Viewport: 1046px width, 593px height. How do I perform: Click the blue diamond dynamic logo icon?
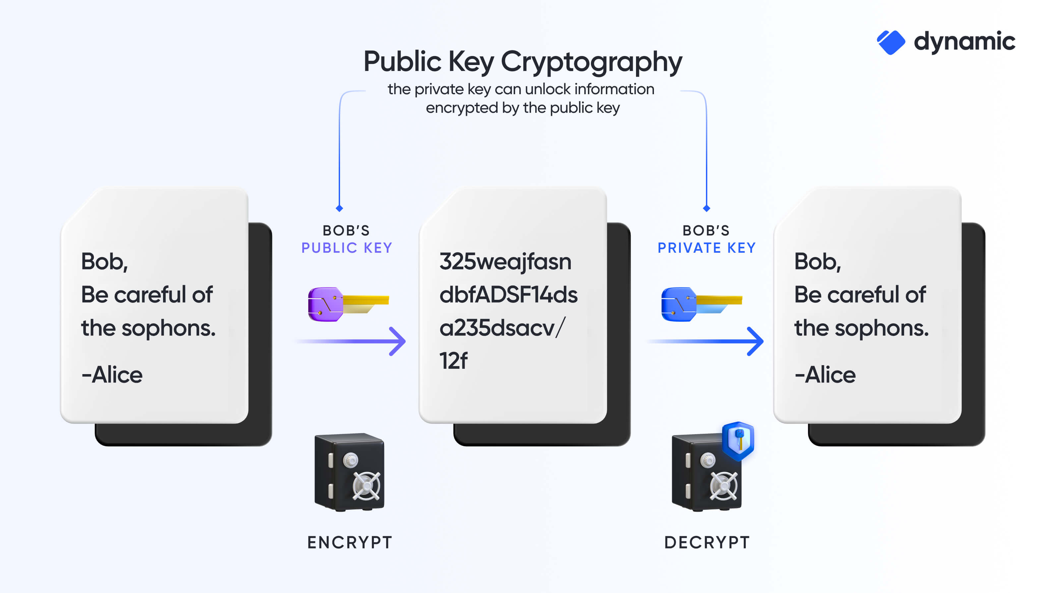(x=891, y=42)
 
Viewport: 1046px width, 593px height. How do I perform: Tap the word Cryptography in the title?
(x=591, y=62)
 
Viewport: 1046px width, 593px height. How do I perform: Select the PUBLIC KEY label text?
(x=346, y=248)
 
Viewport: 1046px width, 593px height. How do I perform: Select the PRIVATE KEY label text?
(x=707, y=248)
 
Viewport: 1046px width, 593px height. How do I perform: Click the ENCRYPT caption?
(x=350, y=543)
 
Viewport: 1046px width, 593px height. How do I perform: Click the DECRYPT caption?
(x=707, y=543)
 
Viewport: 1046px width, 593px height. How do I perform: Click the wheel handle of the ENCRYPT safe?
(x=366, y=486)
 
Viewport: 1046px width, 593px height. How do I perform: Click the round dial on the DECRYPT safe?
(x=707, y=460)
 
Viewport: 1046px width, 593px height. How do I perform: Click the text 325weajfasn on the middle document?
(x=505, y=261)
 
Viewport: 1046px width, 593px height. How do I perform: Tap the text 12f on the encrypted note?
(x=453, y=361)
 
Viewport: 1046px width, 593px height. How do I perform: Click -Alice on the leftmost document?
(x=112, y=375)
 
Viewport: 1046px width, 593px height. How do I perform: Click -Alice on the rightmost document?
(x=825, y=375)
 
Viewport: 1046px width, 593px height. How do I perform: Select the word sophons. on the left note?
(x=168, y=328)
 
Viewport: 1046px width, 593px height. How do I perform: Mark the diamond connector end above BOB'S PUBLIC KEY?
(x=339, y=209)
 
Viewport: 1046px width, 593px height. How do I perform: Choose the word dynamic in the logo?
(x=964, y=42)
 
